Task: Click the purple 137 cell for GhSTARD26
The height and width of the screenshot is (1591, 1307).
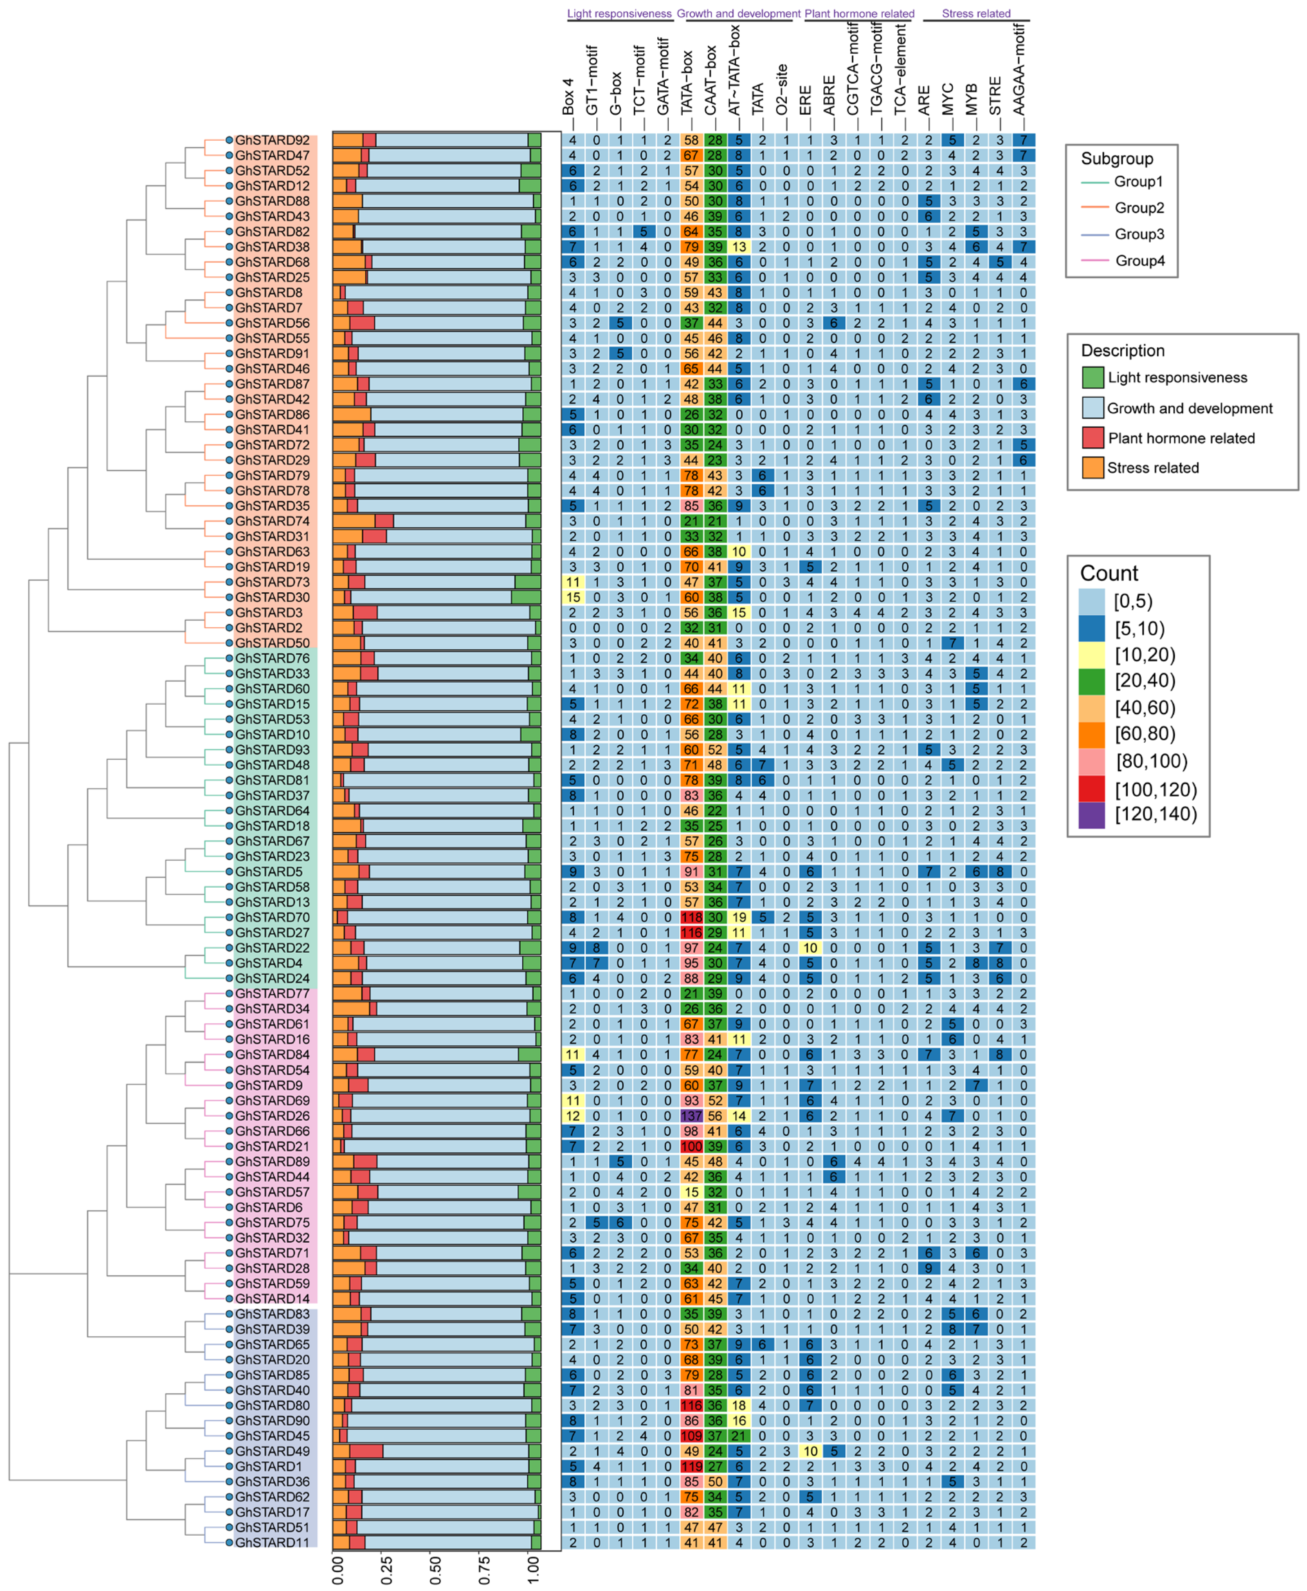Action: coord(690,1115)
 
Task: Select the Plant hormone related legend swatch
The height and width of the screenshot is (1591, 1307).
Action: coord(1093,437)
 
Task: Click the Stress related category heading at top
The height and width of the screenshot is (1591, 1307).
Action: coord(976,13)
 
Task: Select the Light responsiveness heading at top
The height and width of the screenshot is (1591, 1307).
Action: coord(619,13)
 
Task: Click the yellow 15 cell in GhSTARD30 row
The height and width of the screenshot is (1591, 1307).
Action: coord(572,597)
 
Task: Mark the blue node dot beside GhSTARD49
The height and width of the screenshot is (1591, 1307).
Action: coord(229,1450)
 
